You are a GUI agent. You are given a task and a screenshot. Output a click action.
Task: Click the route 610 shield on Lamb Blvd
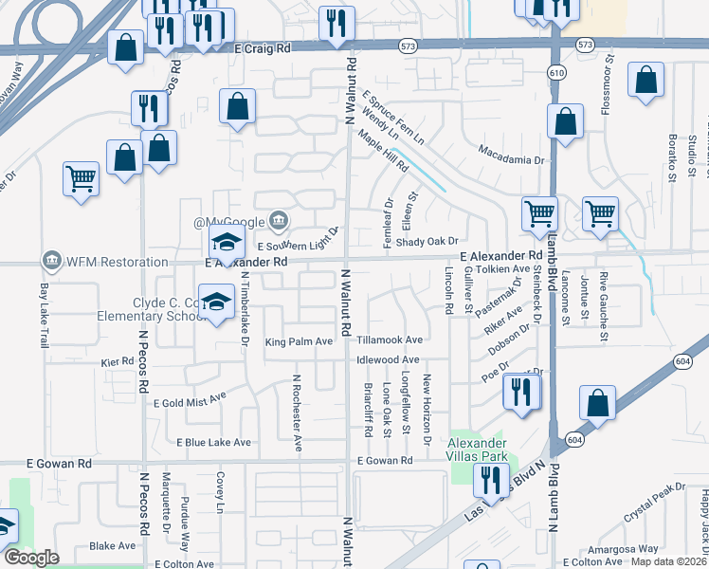click(x=556, y=72)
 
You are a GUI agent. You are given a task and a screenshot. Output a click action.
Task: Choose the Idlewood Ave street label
click(x=387, y=360)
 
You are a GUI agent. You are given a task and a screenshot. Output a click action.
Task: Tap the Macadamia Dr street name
click(x=512, y=149)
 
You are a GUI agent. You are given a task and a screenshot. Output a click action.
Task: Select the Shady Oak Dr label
click(x=427, y=242)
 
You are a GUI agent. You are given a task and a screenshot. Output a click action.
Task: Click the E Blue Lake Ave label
click(x=213, y=442)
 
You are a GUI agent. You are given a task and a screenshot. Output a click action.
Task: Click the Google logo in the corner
click(x=31, y=558)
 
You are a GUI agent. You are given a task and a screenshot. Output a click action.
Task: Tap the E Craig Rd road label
click(x=265, y=46)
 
